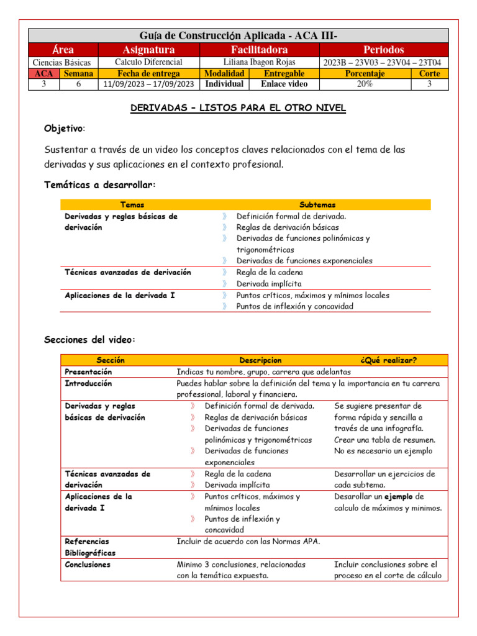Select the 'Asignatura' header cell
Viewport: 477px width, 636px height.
click(148, 50)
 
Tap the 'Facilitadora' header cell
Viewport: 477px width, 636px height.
click(259, 50)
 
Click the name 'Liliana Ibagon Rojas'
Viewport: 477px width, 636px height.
click(259, 62)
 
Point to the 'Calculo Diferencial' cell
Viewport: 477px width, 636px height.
click(148, 62)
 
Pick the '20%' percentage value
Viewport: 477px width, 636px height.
click(365, 84)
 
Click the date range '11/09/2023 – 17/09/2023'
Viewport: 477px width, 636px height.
click(148, 84)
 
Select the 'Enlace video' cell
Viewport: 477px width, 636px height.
click(284, 84)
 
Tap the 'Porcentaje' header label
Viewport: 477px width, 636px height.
click(365, 73)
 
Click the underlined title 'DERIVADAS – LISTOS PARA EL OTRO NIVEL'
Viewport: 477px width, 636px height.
click(238, 108)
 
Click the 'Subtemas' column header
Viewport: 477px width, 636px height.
click(317, 204)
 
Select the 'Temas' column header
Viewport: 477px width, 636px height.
click(132, 204)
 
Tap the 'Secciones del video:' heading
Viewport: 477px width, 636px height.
click(89, 339)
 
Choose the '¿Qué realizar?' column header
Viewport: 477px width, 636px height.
click(388, 360)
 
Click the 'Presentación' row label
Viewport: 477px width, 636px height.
click(89, 371)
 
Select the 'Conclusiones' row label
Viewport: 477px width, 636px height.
click(88, 565)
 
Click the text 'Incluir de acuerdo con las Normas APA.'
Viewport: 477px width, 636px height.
click(248, 542)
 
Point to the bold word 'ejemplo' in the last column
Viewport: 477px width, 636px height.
click(397, 497)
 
